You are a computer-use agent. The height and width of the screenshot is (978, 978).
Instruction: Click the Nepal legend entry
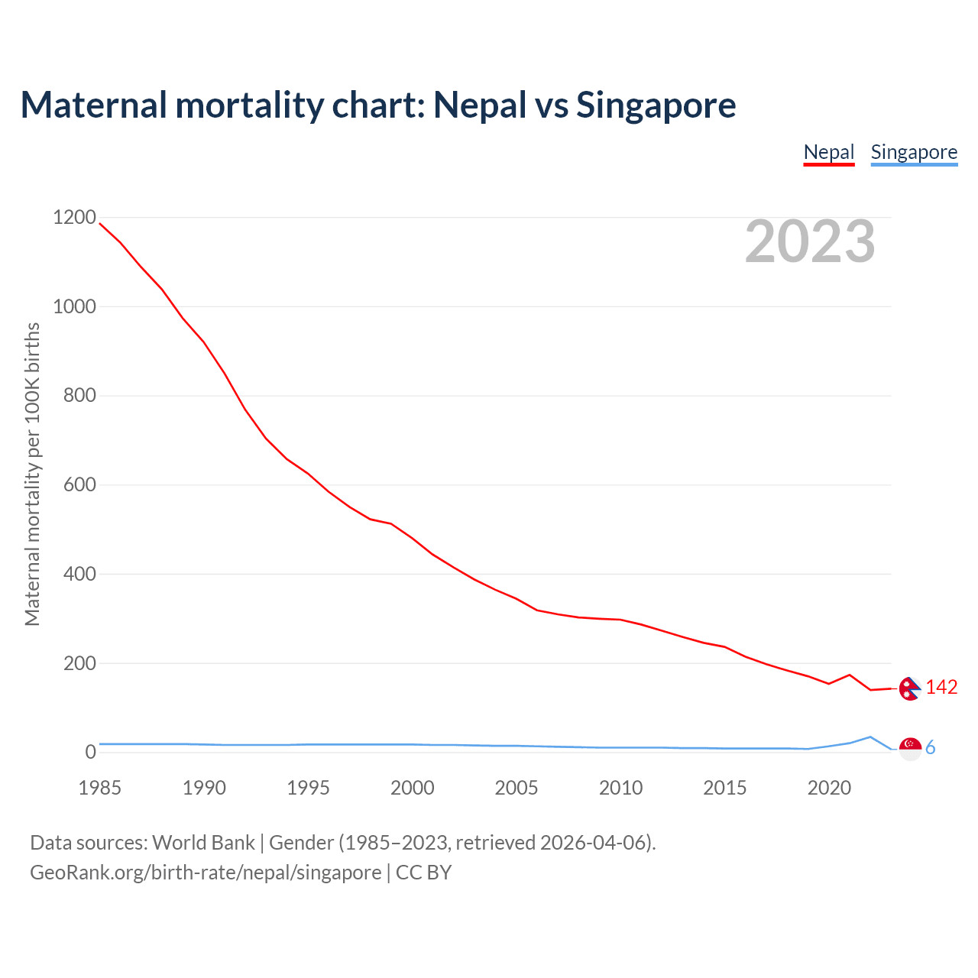(x=829, y=152)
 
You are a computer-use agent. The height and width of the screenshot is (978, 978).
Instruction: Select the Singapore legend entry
(x=914, y=152)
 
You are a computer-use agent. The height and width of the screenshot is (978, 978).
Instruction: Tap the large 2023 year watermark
(x=810, y=241)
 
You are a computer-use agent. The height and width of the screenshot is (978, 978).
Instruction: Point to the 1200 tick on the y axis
(x=74, y=218)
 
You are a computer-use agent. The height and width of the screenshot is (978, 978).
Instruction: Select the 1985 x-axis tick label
(x=99, y=788)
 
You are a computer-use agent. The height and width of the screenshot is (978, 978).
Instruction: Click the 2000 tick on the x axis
(x=413, y=788)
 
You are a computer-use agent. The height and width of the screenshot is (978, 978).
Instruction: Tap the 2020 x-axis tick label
(x=829, y=788)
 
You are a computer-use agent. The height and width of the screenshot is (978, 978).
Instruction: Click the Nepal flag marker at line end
(x=909, y=688)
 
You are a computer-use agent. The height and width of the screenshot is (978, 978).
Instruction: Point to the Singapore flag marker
(x=910, y=748)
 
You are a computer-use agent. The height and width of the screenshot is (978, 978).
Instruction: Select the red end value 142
(x=941, y=688)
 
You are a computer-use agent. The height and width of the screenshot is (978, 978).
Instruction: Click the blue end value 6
(x=931, y=748)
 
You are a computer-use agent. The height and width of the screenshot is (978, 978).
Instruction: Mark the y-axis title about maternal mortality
(x=32, y=474)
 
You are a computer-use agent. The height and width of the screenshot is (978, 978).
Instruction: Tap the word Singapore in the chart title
(x=656, y=105)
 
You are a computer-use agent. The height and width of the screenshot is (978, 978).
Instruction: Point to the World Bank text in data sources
(x=203, y=842)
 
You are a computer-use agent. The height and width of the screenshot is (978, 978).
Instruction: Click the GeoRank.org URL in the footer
(x=206, y=872)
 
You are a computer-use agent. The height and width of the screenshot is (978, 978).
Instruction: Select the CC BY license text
(x=423, y=872)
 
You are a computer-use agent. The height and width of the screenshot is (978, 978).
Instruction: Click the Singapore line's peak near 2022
(x=870, y=737)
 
